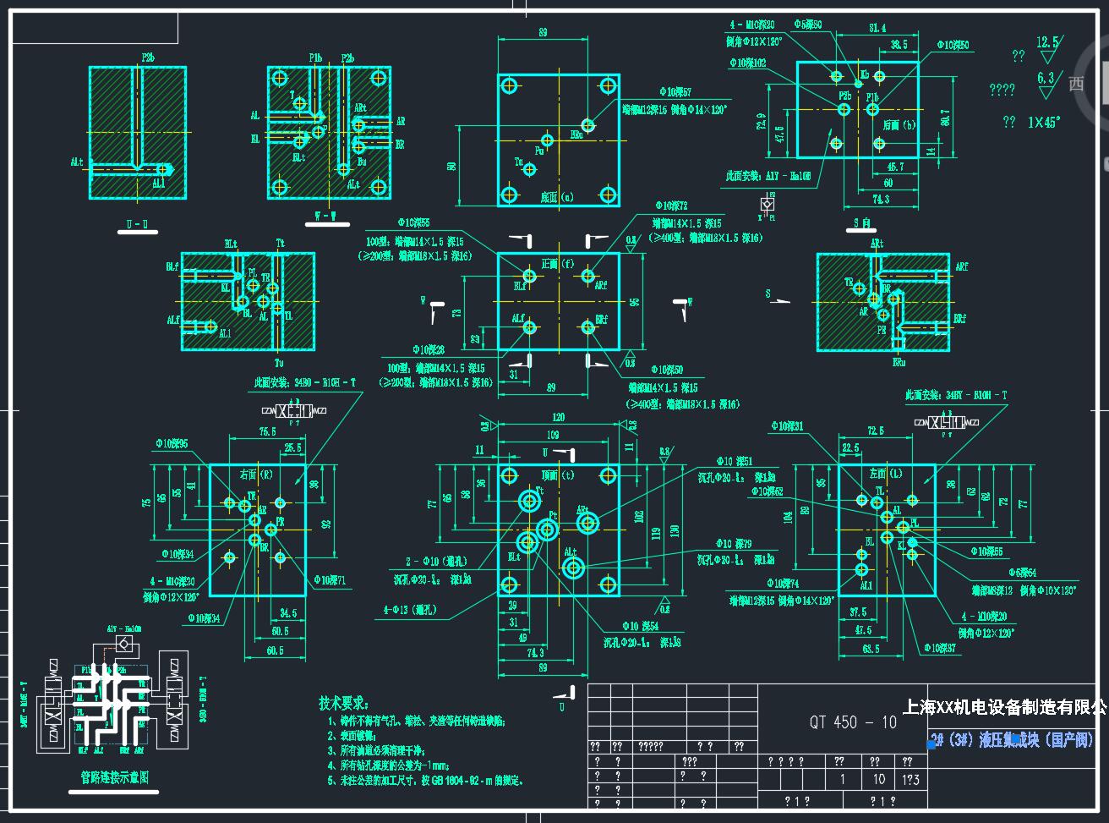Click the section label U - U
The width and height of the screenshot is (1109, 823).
coord(136,224)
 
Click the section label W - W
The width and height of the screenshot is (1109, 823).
coord(325,216)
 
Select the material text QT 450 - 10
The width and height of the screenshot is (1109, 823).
coord(853,721)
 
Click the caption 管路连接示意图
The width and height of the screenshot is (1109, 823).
coord(108,776)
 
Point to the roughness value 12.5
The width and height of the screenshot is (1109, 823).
coord(1047,42)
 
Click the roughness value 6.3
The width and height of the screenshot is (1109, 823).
coord(1045,79)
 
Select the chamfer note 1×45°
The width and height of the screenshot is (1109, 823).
coord(1045,122)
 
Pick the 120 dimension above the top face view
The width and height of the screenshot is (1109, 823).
coord(558,418)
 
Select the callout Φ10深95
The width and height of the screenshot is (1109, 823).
coord(172,443)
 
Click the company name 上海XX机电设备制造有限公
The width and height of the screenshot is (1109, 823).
coord(1004,706)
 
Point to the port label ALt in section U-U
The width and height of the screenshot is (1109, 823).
coord(77,162)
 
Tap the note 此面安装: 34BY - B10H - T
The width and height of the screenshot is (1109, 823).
coord(956,395)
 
